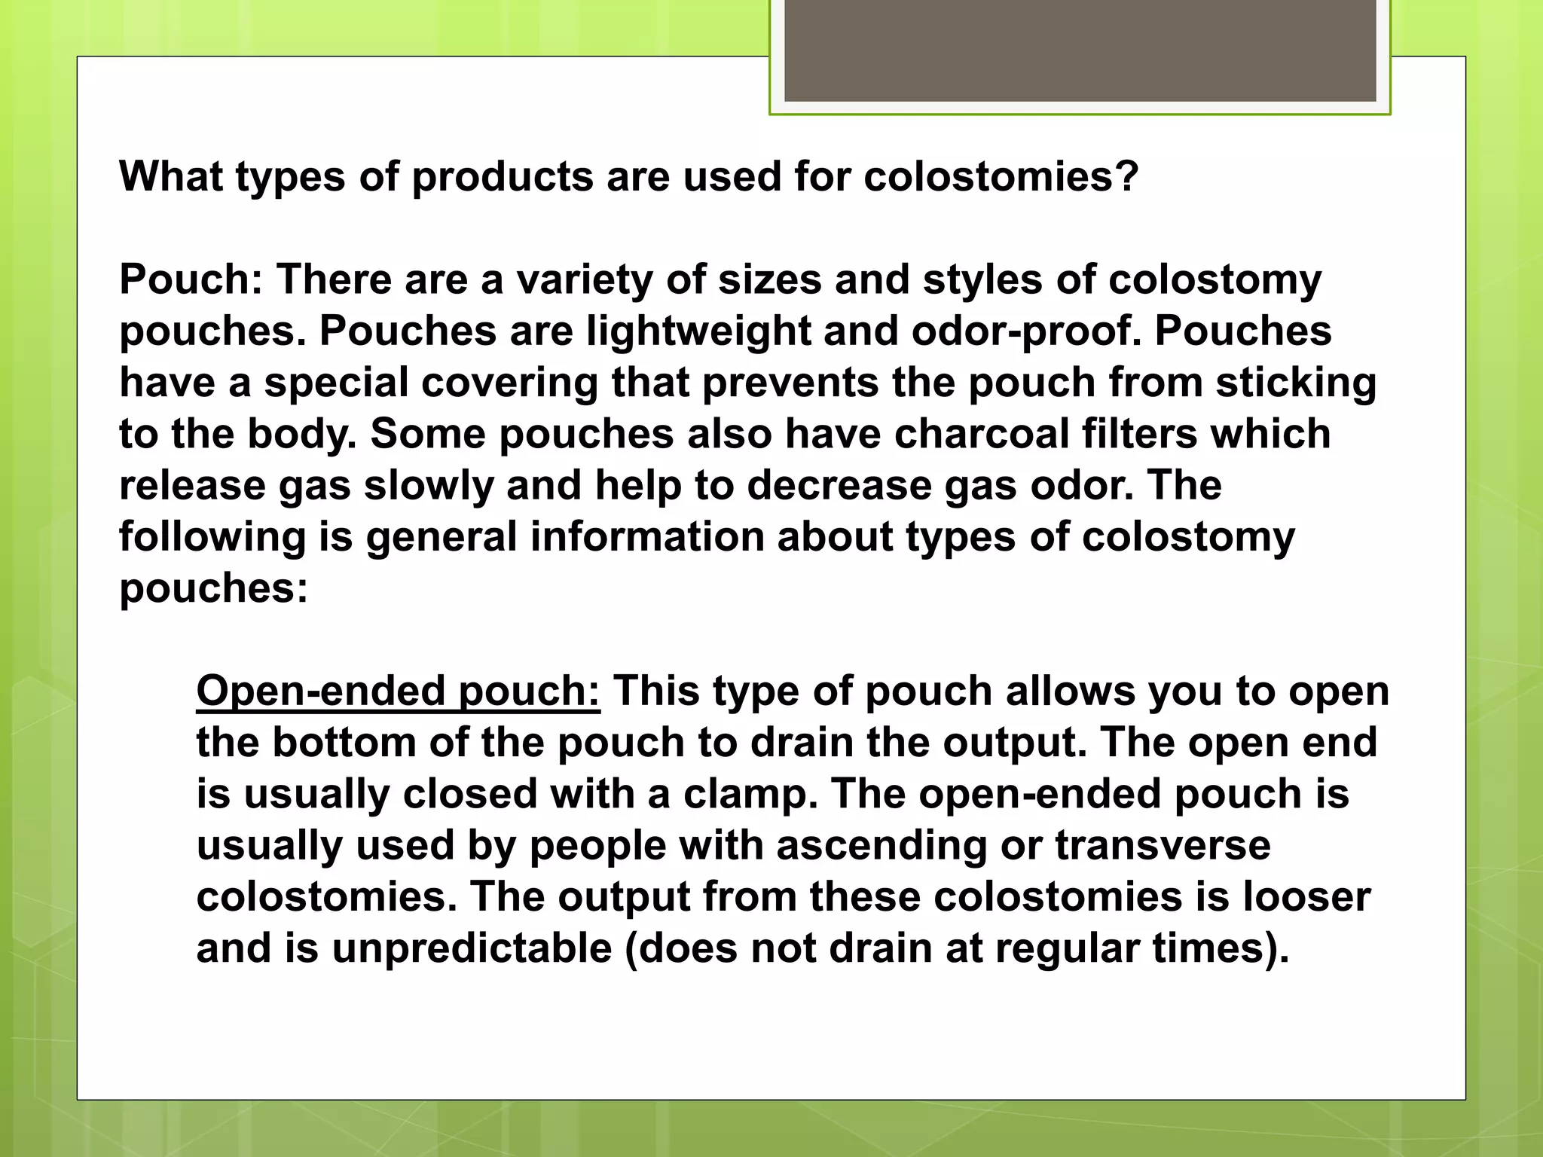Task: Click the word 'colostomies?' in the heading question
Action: pyautogui.click(x=1001, y=178)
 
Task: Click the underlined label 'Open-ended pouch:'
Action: pyautogui.click(x=398, y=691)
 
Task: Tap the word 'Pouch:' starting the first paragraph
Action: pyautogui.click(x=191, y=280)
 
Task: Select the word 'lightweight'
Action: pyautogui.click(x=698, y=331)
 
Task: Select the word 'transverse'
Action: pyautogui.click(x=1163, y=846)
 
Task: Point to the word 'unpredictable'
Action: pyautogui.click(x=472, y=949)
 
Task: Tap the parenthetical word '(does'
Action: pyautogui.click(x=682, y=949)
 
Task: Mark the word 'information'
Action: pyautogui.click(x=647, y=538)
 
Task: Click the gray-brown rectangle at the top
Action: pyautogui.click(x=1080, y=50)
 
